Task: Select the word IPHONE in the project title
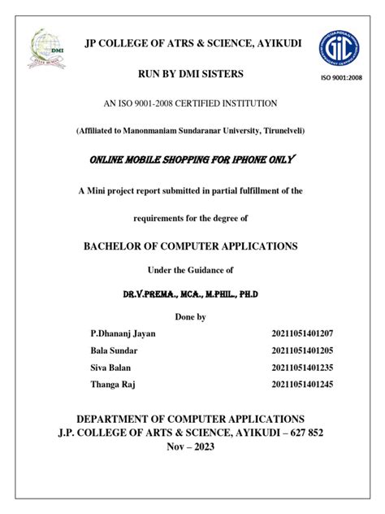[248, 159]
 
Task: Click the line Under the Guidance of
[192, 269]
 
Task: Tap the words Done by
[192, 316]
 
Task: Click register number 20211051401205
[302, 351]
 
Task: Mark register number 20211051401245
[302, 385]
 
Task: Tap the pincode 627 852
[301, 432]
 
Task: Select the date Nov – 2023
[192, 447]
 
